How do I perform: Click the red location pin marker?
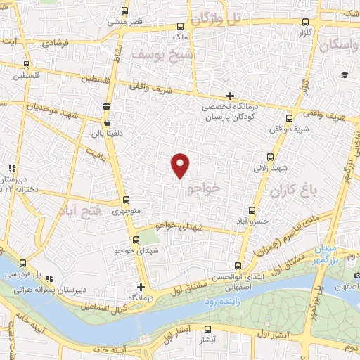pyautogui.click(x=181, y=165)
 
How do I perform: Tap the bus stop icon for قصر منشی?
pyautogui.click(x=125, y=11)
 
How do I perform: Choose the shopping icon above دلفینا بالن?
pyautogui.click(x=106, y=107)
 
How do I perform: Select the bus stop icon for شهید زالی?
pyautogui.click(x=270, y=159)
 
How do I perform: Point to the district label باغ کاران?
pyautogui.click(x=294, y=190)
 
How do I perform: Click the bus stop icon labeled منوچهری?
pyautogui.click(x=126, y=200)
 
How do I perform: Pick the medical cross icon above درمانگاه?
pyautogui.click(x=141, y=287)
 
